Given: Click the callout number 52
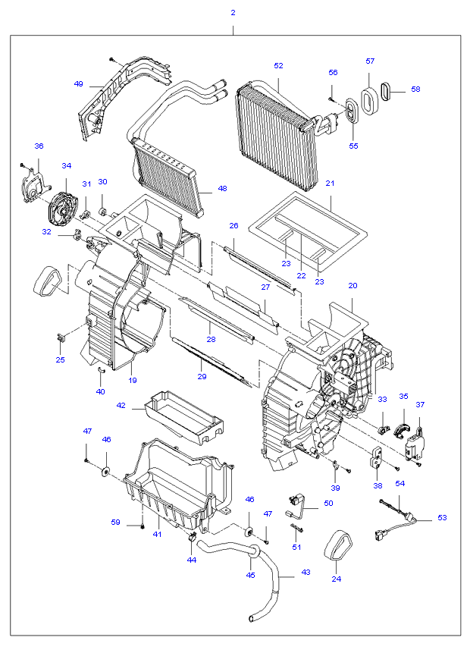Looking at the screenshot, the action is point(278,66).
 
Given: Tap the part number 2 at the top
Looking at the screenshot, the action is point(233,13).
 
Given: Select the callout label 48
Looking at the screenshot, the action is point(222,189).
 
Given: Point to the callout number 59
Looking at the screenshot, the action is point(115,522).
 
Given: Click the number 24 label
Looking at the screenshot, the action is point(336,579).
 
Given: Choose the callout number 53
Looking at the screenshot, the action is point(442,517).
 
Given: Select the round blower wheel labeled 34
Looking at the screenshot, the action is point(61,210).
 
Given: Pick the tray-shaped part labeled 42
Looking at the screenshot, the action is point(184,416).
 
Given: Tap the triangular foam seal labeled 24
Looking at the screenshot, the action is point(338,545).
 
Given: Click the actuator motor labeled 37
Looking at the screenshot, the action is point(414,444).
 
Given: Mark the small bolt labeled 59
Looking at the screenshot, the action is point(143,526).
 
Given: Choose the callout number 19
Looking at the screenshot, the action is point(133,380).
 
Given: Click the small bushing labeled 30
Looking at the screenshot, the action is point(102,209).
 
